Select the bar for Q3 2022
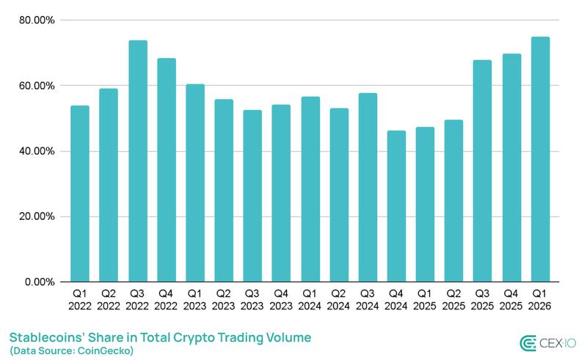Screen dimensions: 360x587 coord(137,161)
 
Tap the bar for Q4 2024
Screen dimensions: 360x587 coord(396,206)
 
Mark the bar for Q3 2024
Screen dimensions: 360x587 coord(368,188)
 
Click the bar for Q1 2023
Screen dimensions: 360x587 coord(195,183)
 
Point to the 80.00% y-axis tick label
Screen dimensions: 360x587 coord(35,21)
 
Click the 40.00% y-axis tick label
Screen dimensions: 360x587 coord(35,152)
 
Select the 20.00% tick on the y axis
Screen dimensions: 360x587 coord(35,217)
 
